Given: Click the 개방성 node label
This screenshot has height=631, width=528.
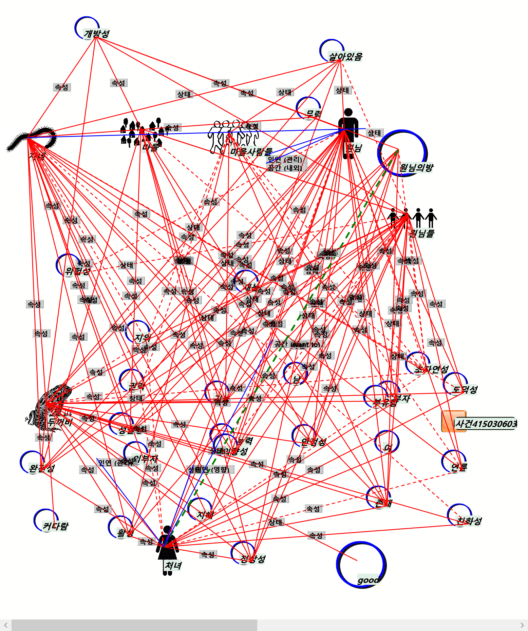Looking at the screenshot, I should [97, 34].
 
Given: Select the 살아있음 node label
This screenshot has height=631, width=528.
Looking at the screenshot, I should [345, 56].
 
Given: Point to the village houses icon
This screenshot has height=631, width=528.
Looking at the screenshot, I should [141, 133].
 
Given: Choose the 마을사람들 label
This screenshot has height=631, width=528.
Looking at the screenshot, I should [251, 151].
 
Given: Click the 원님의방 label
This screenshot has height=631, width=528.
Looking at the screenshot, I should [416, 167].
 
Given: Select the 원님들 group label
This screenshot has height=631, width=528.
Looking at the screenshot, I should [422, 233].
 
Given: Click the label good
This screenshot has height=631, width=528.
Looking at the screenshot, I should [368, 580].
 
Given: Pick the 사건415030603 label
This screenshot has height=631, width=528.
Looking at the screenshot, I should [485, 424].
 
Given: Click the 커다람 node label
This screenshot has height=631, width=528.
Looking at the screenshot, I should [55, 526].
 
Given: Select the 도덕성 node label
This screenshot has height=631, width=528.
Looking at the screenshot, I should [465, 389].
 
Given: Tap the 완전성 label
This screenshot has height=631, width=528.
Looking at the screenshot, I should [41, 468].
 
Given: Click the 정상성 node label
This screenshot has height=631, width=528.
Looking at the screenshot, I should [253, 559].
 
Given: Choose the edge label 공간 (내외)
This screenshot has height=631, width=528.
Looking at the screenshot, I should [285, 167].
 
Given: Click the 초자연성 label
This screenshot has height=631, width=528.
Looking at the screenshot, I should [431, 369].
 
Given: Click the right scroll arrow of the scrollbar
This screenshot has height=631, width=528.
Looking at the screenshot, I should [522, 625].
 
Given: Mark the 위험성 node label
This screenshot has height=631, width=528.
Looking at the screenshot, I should [77, 271].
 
